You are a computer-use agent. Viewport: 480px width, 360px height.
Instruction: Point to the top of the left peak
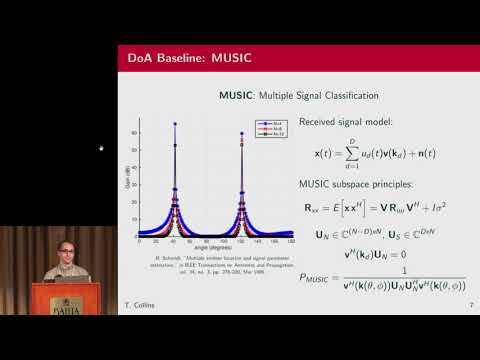coord(175,125)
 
